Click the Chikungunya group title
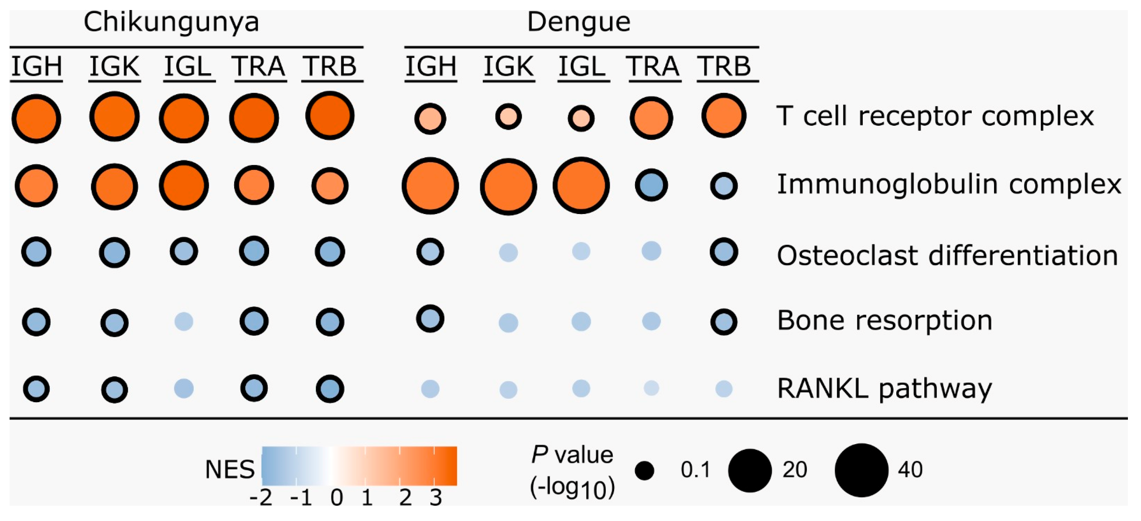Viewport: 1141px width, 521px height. (x=171, y=22)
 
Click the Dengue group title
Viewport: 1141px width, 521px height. (x=578, y=22)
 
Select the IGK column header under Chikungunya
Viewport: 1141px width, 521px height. (x=114, y=66)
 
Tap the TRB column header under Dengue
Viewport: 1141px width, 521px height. (x=724, y=66)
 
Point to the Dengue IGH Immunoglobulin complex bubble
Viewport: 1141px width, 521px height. (x=430, y=186)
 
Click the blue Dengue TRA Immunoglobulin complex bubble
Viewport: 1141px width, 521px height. (x=651, y=185)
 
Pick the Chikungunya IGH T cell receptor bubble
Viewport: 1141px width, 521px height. (x=36, y=118)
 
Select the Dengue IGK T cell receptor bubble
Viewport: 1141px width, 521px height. (x=508, y=117)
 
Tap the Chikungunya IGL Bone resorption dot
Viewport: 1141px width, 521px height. (x=184, y=321)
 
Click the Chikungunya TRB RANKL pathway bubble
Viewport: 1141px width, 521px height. (x=330, y=389)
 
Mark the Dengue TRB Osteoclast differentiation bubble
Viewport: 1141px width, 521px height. (x=724, y=252)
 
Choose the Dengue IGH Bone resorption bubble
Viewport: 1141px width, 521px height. (x=430, y=318)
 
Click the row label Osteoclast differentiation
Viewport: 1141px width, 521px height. (x=947, y=256)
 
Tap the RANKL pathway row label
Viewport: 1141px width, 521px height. (x=885, y=389)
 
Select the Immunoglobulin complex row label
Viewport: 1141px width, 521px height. (x=949, y=184)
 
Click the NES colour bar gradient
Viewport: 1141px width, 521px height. (x=359, y=466)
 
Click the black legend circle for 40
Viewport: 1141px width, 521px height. (x=861, y=470)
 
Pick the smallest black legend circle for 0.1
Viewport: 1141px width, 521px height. (x=645, y=470)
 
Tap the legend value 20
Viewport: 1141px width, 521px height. (x=795, y=469)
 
